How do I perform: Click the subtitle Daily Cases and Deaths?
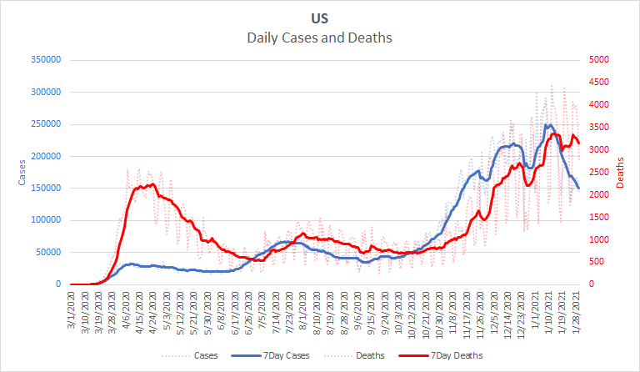(x=320, y=38)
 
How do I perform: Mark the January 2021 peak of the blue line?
(x=548, y=125)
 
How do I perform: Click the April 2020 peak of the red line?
(x=151, y=184)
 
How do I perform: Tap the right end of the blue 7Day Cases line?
(x=578, y=189)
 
